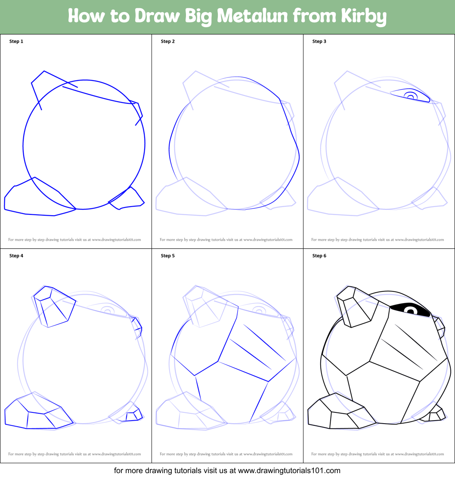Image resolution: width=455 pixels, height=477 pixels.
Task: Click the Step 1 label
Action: click(16, 41)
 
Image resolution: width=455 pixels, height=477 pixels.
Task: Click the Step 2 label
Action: click(168, 41)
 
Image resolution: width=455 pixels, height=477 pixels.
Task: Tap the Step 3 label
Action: click(319, 41)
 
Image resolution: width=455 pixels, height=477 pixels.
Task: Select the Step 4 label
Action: click(16, 256)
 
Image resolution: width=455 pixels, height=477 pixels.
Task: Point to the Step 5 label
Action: click(168, 256)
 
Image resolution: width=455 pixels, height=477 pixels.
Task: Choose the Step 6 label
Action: click(319, 256)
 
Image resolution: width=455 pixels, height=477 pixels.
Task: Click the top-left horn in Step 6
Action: click(354, 306)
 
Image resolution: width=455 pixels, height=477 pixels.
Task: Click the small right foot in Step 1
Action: click(129, 199)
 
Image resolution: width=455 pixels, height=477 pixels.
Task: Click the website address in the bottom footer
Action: click(289, 471)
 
